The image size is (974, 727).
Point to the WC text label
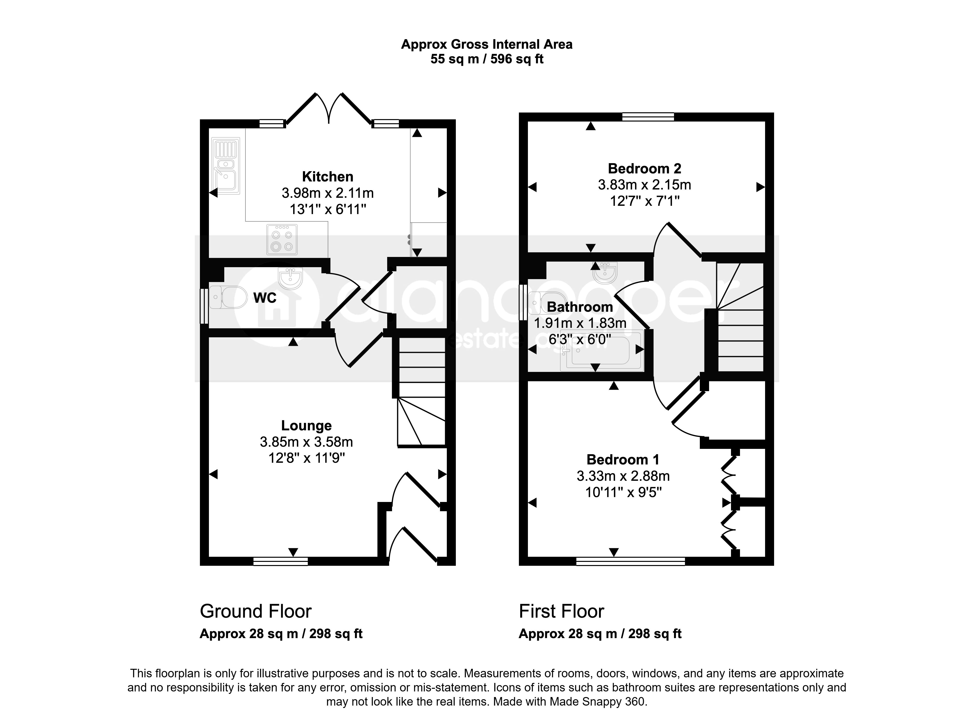pos(265,298)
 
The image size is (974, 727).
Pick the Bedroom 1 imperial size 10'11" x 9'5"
pos(623,492)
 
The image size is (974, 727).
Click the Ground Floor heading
pos(256,611)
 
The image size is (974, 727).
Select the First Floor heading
pos(561,611)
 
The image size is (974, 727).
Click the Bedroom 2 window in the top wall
pos(648,117)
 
